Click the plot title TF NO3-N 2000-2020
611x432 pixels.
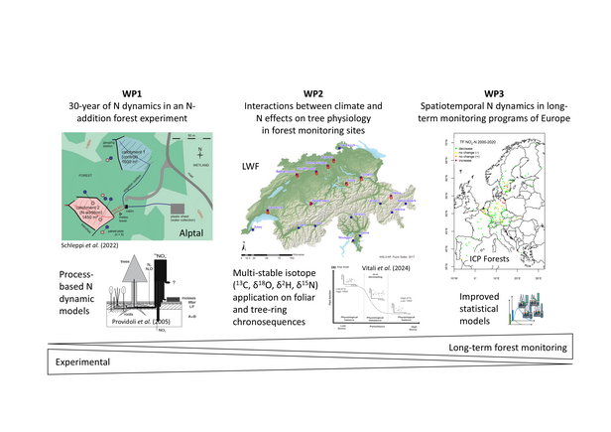475,143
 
